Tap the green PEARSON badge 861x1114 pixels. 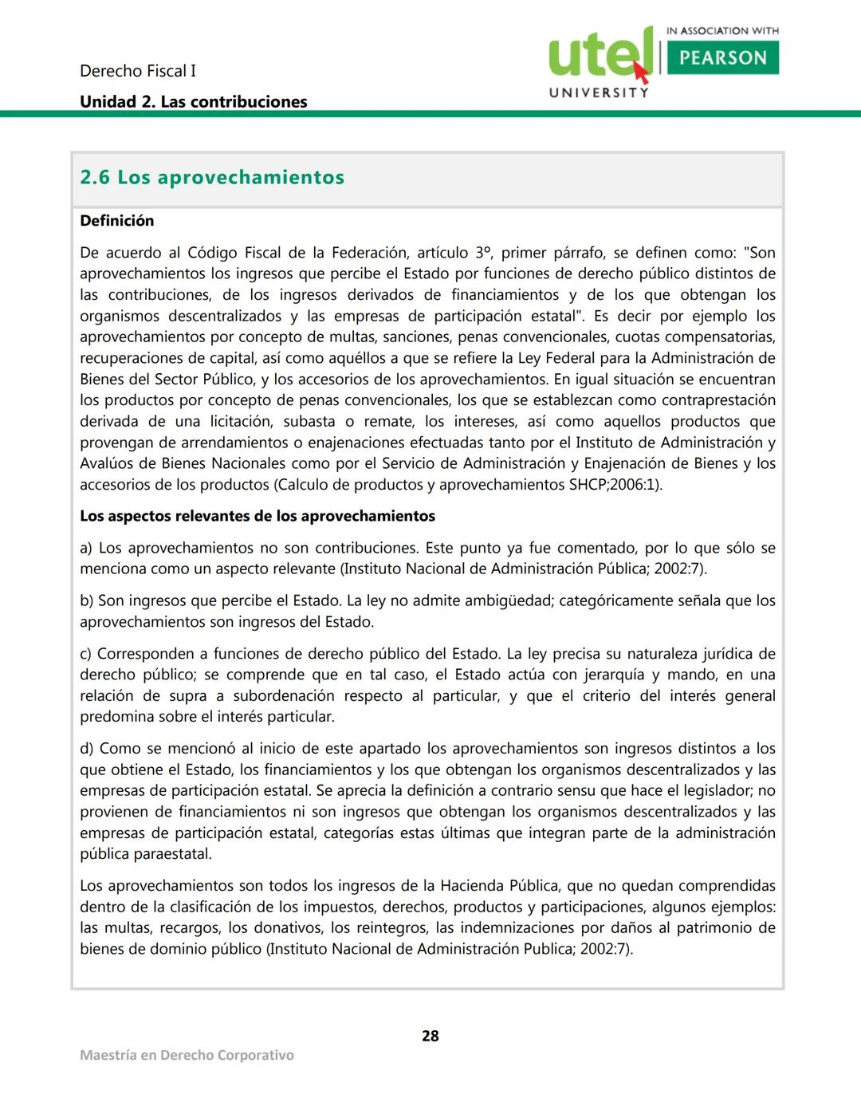pos(722,57)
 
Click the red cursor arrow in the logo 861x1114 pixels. pos(640,73)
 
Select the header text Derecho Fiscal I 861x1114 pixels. pos(138,71)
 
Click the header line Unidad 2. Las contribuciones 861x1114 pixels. pos(193,102)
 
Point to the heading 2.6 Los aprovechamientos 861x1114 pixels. pos(212,177)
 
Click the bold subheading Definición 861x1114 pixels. pos(117,221)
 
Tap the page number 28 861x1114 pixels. pos(431,1036)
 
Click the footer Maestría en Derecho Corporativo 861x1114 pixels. pos(187,1055)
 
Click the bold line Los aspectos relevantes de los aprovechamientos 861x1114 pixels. pos(258,516)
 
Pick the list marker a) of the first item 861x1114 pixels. pos(86,548)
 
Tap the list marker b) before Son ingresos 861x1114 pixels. pos(86,600)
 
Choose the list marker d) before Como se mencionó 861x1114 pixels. pos(86,749)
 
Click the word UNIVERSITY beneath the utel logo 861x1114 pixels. pos(599,93)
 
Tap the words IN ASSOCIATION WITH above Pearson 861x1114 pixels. pos(722,31)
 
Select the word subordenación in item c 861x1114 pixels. pos(284,696)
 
